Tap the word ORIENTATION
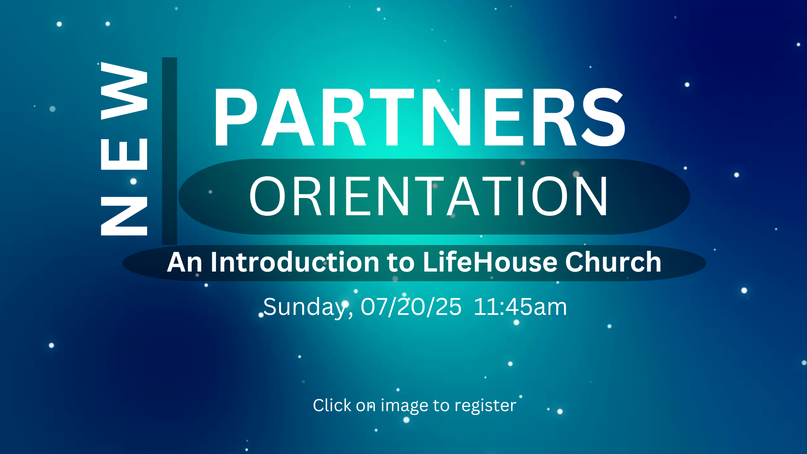coord(429,196)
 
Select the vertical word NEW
coord(124,149)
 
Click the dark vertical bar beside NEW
coord(169,151)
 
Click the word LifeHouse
coord(490,262)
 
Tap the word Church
coord(613,262)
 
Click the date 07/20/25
coord(411,307)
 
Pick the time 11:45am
coord(520,307)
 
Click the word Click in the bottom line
coord(332,405)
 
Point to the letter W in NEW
coord(124,91)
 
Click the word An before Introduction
coord(185,262)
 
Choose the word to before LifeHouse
coord(401,263)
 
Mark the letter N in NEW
coord(124,216)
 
